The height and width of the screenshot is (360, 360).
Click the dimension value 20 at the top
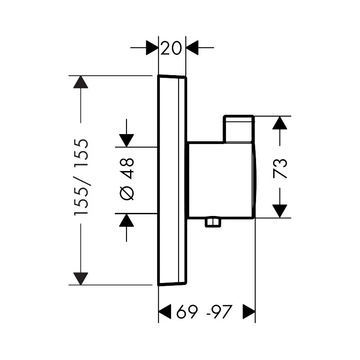[172, 47]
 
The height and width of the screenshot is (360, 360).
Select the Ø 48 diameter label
[126, 179]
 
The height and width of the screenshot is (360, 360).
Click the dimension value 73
[280, 168]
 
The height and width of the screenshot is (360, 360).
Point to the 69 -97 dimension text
[204, 311]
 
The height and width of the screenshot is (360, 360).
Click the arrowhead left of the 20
[153, 47]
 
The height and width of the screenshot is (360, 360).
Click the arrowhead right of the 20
[193, 47]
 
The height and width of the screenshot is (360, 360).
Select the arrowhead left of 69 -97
[165, 311]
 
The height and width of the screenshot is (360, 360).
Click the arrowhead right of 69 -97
[249, 311]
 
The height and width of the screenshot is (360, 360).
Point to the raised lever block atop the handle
[238, 130]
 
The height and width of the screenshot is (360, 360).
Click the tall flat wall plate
[172, 180]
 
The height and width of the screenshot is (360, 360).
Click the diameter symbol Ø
[126, 192]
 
